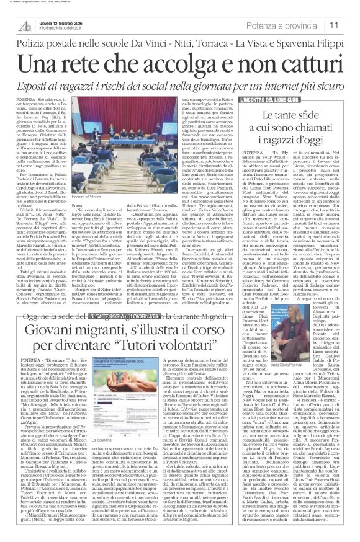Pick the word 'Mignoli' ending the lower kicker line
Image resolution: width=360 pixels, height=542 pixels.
coord(241,316)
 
